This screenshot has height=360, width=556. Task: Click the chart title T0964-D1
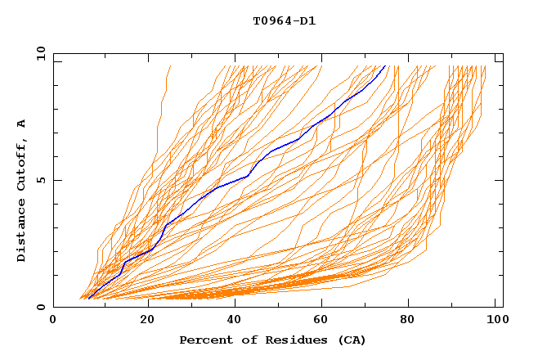(284, 21)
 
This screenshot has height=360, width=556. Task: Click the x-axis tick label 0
(53, 321)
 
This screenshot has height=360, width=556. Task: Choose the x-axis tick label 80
(411, 321)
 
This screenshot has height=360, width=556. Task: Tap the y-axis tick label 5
(41, 180)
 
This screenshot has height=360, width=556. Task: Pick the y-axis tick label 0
(41, 307)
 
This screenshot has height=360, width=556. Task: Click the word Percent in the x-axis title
(203, 340)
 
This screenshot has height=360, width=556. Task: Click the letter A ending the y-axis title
(22, 123)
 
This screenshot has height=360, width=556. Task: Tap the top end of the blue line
(385, 66)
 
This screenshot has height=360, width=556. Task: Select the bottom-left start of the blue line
(88, 299)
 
